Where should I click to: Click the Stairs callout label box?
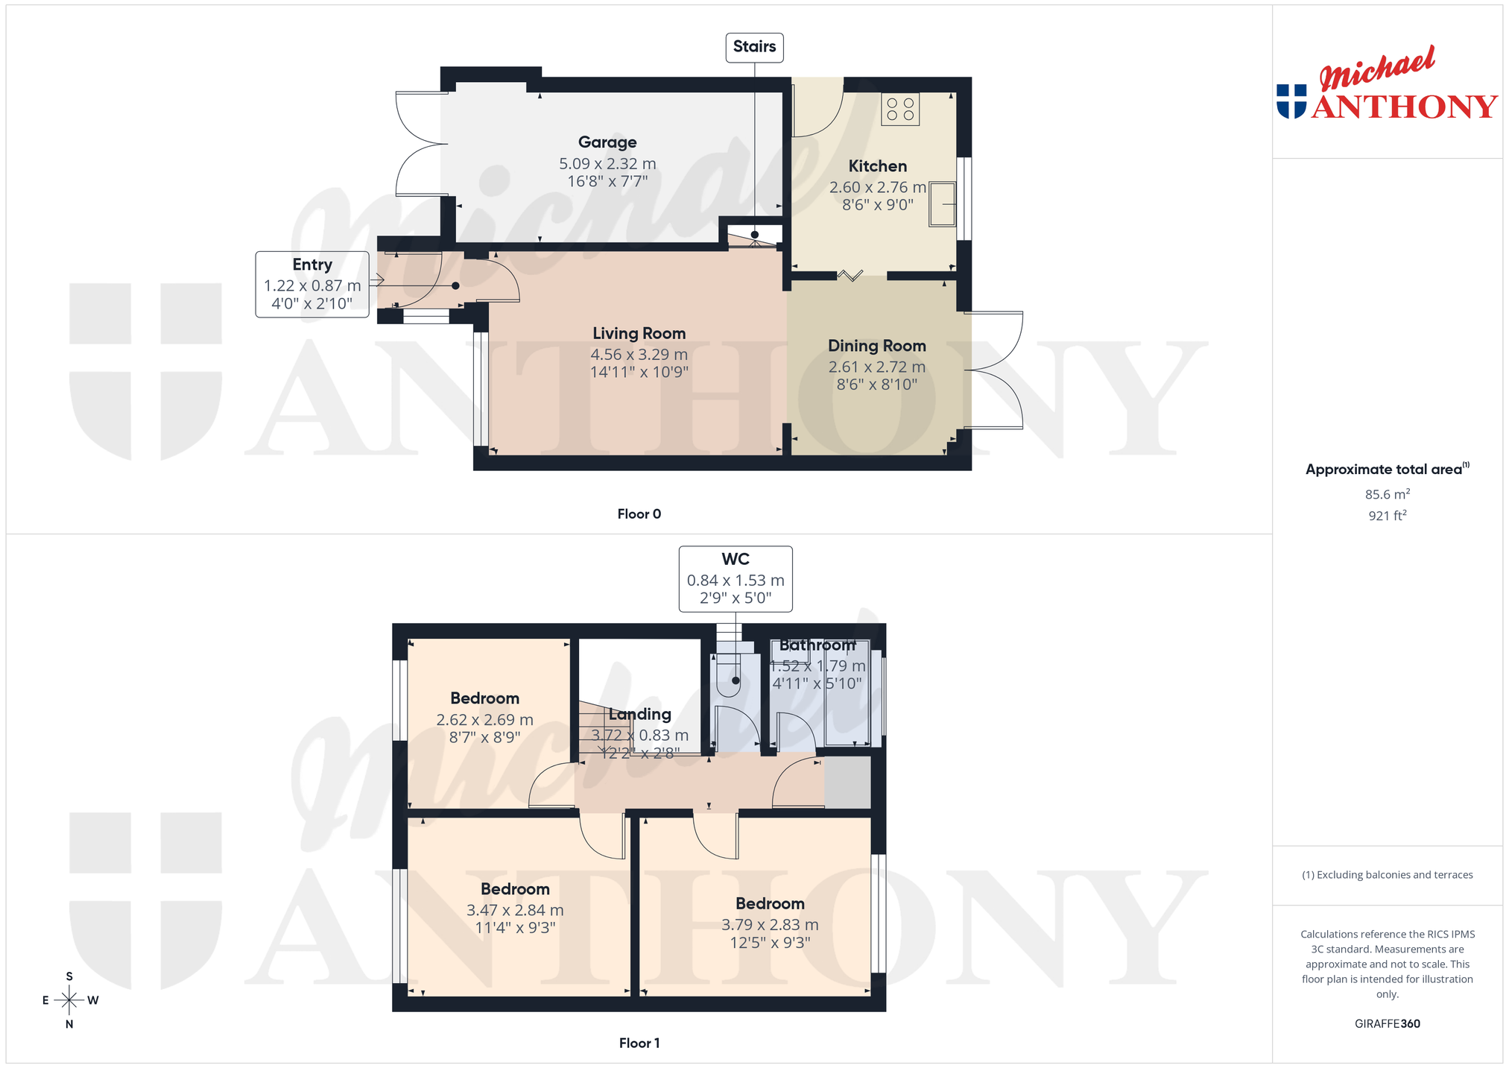(754, 47)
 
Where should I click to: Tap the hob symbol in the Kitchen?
(900, 109)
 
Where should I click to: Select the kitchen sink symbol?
(942, 204)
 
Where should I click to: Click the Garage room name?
(607, 142)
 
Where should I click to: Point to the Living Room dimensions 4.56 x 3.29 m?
(639, 355)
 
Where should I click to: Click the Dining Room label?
(877, 346)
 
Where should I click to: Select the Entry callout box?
(312, 285)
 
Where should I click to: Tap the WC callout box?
(735, 579)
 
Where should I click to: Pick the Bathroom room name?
(817, 645)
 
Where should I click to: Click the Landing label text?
(639, 714)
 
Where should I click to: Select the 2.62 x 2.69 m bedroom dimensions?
(484, 720)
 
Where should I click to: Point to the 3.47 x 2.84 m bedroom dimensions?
(515, 910)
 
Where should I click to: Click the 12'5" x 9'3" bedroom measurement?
(770, 943)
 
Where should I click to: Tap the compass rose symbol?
(69, 1000)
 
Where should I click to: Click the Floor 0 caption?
(639, 514)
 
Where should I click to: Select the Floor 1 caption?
(639, 1043)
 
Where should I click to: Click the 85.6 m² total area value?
(1388, 494)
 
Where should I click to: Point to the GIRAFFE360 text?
(1388, 1024)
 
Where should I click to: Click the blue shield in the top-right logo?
(1291, 101)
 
